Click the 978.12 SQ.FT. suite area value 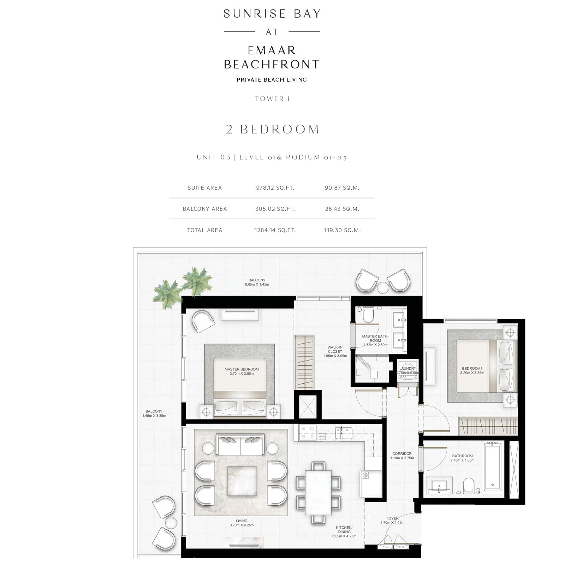pyautogui.click(x=275, y=188)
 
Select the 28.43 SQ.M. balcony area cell pyautogui.click(x=342, y=209)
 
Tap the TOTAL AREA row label pyautogui.click(x=205, y=230)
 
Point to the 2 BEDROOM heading pyautogui.click(x=272, y=129)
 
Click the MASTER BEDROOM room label pyautogui.click(x=242, y=369)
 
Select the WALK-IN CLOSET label pyautogui.click(x=335, y=350)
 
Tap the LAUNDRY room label pyautogui.click(x=408, y=368)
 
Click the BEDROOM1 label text pyautogui.click(x=472, y=368)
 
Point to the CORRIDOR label pyautogui.click(x=402, y=454)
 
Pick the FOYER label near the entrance pyautogui.click(x=393, y=518)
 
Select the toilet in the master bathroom pyautogui.click(x=368, y=314)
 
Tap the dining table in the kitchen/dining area pyautogui.click(x=318, y=492)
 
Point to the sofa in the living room pyautogui.click(x=240, y=444)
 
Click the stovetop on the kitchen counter pyautogui.click(x=308, y=433)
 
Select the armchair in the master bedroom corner pyautogui.click(x=203, y=321)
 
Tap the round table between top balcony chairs pyautogui.click(x=383, y=287)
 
